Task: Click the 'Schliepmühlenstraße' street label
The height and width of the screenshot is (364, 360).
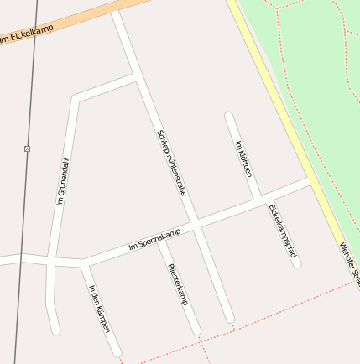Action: click(170, 163)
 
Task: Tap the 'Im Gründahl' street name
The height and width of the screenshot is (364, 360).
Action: click(63, 181)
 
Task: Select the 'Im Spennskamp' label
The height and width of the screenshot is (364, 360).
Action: click(154, 242)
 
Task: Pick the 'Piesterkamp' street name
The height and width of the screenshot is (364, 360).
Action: click(178, 284)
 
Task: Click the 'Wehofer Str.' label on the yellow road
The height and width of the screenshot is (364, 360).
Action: click(349, 264)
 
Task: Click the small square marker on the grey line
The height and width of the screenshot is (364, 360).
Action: click(28, 148)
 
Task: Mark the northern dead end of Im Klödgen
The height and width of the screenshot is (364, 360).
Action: click(227, 116)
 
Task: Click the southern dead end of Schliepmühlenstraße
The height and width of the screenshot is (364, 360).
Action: click(229, 319)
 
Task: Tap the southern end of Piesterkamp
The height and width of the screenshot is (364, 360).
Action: click(197, 330)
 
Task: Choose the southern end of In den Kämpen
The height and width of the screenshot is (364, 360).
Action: click(117, 352)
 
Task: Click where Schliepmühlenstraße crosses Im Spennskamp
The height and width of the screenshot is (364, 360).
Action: click(195, 222)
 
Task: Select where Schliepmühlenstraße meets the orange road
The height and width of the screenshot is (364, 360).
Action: click(117, 10)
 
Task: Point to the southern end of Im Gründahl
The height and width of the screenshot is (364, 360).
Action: click(55, 330)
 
